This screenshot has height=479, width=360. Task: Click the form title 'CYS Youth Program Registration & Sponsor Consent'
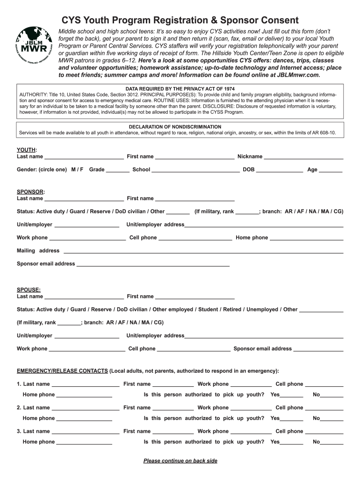tap(180, 21)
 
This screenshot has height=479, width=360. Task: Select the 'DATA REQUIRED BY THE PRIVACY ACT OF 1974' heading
tap(180, 89)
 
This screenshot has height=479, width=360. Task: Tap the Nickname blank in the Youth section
tap(303, 157)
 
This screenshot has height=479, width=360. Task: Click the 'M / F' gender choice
tap(77, 170)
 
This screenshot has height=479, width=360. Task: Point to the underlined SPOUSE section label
tap(29, 290)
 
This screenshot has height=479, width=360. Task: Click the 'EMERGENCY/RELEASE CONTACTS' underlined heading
tap(62, 371)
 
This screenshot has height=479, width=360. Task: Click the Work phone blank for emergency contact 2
tap(251, 408)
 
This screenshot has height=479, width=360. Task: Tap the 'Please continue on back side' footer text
tap(180, 461)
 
